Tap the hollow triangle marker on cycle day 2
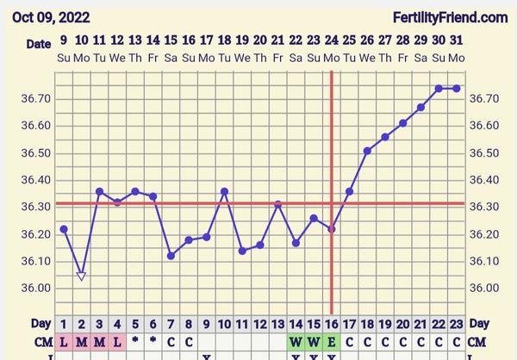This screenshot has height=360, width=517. (81, 276)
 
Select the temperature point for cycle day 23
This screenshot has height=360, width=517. (457, 88)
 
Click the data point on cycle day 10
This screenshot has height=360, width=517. (224, 191)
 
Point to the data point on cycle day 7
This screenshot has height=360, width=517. (171, 256)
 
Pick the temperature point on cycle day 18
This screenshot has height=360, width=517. (367, 151)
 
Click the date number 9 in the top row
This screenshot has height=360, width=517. (64, 40)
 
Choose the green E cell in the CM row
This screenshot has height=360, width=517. (332, 341)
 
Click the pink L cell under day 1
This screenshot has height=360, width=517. (64, 341)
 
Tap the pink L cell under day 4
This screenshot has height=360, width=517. (117, 341)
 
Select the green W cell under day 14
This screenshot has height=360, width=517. (296, 341)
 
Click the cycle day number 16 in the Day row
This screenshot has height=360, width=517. (332, 323)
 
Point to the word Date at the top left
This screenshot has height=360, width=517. (38, 43)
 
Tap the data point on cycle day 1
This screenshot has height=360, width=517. (64, 229)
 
